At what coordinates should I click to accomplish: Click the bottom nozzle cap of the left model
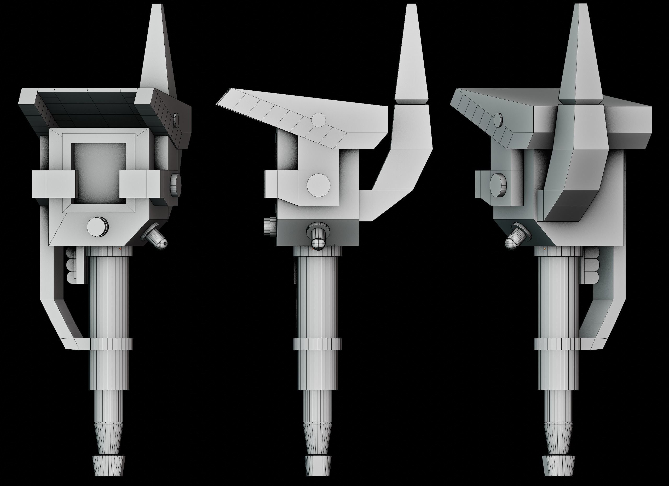[108, 465]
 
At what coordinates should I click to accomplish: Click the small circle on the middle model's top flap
[318, 120]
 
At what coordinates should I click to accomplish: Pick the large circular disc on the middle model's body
[319, 185]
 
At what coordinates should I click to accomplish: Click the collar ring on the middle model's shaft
[317, 344]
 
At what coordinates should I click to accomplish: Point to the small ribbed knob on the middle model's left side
[270, 227]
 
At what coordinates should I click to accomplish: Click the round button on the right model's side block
[498, 185]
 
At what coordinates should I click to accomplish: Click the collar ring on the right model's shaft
[557, 344]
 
